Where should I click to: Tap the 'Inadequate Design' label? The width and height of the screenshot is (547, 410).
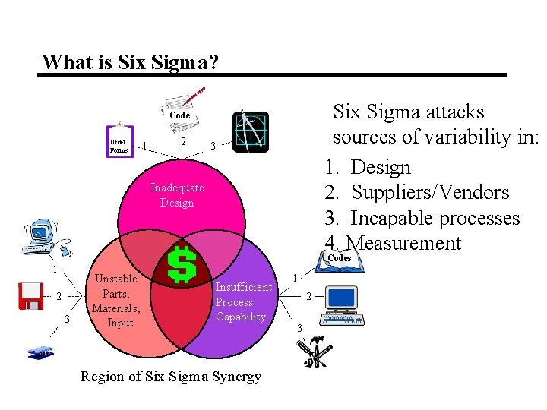(x=177, y=195)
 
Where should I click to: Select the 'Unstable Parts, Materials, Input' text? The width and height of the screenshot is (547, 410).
(x=115, y=301)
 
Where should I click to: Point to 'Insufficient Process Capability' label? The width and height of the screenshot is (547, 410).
(x=242, y=301)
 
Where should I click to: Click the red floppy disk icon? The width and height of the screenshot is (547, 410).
(x=31, y=296)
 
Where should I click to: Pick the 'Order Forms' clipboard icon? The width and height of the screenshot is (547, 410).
(x=119, y=140)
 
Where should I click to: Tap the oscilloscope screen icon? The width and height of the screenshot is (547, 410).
(x=251, y=130)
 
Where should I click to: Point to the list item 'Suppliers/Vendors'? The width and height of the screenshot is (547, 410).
(x=430, y=193)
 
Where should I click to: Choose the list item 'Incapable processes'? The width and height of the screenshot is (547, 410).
(x=435, y=218)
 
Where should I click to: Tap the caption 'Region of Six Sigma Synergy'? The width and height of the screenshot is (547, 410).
(x=171, y=377)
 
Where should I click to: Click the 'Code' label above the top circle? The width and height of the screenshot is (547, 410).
(x=180, y=115)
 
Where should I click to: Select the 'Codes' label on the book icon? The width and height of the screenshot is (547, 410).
(x=339, y=258)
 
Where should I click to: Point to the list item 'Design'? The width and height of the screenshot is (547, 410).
(x=381, y=167)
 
